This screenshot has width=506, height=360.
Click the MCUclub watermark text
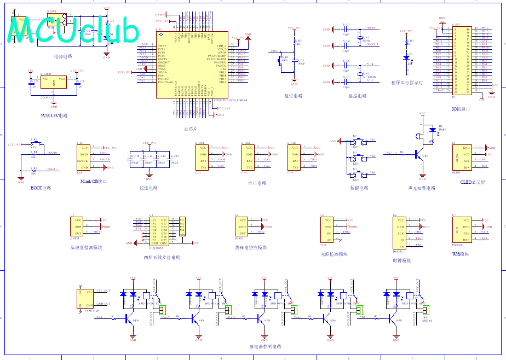pyautogui.click(x=74, y=32)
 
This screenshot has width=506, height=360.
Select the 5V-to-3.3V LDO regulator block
pyautogui.click(x=54, y=85)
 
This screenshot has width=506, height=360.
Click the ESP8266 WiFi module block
pyautogui.click(x=461, y=230)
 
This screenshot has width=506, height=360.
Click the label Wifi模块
pyautogui.click(x=460, y=254)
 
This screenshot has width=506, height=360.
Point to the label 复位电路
pyautogui.click(x=294, y=96)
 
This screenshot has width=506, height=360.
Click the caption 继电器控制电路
pyautogui.click(x=265, y=346)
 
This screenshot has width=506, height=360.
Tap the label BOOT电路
pyautogui.click(x=41, y=188)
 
